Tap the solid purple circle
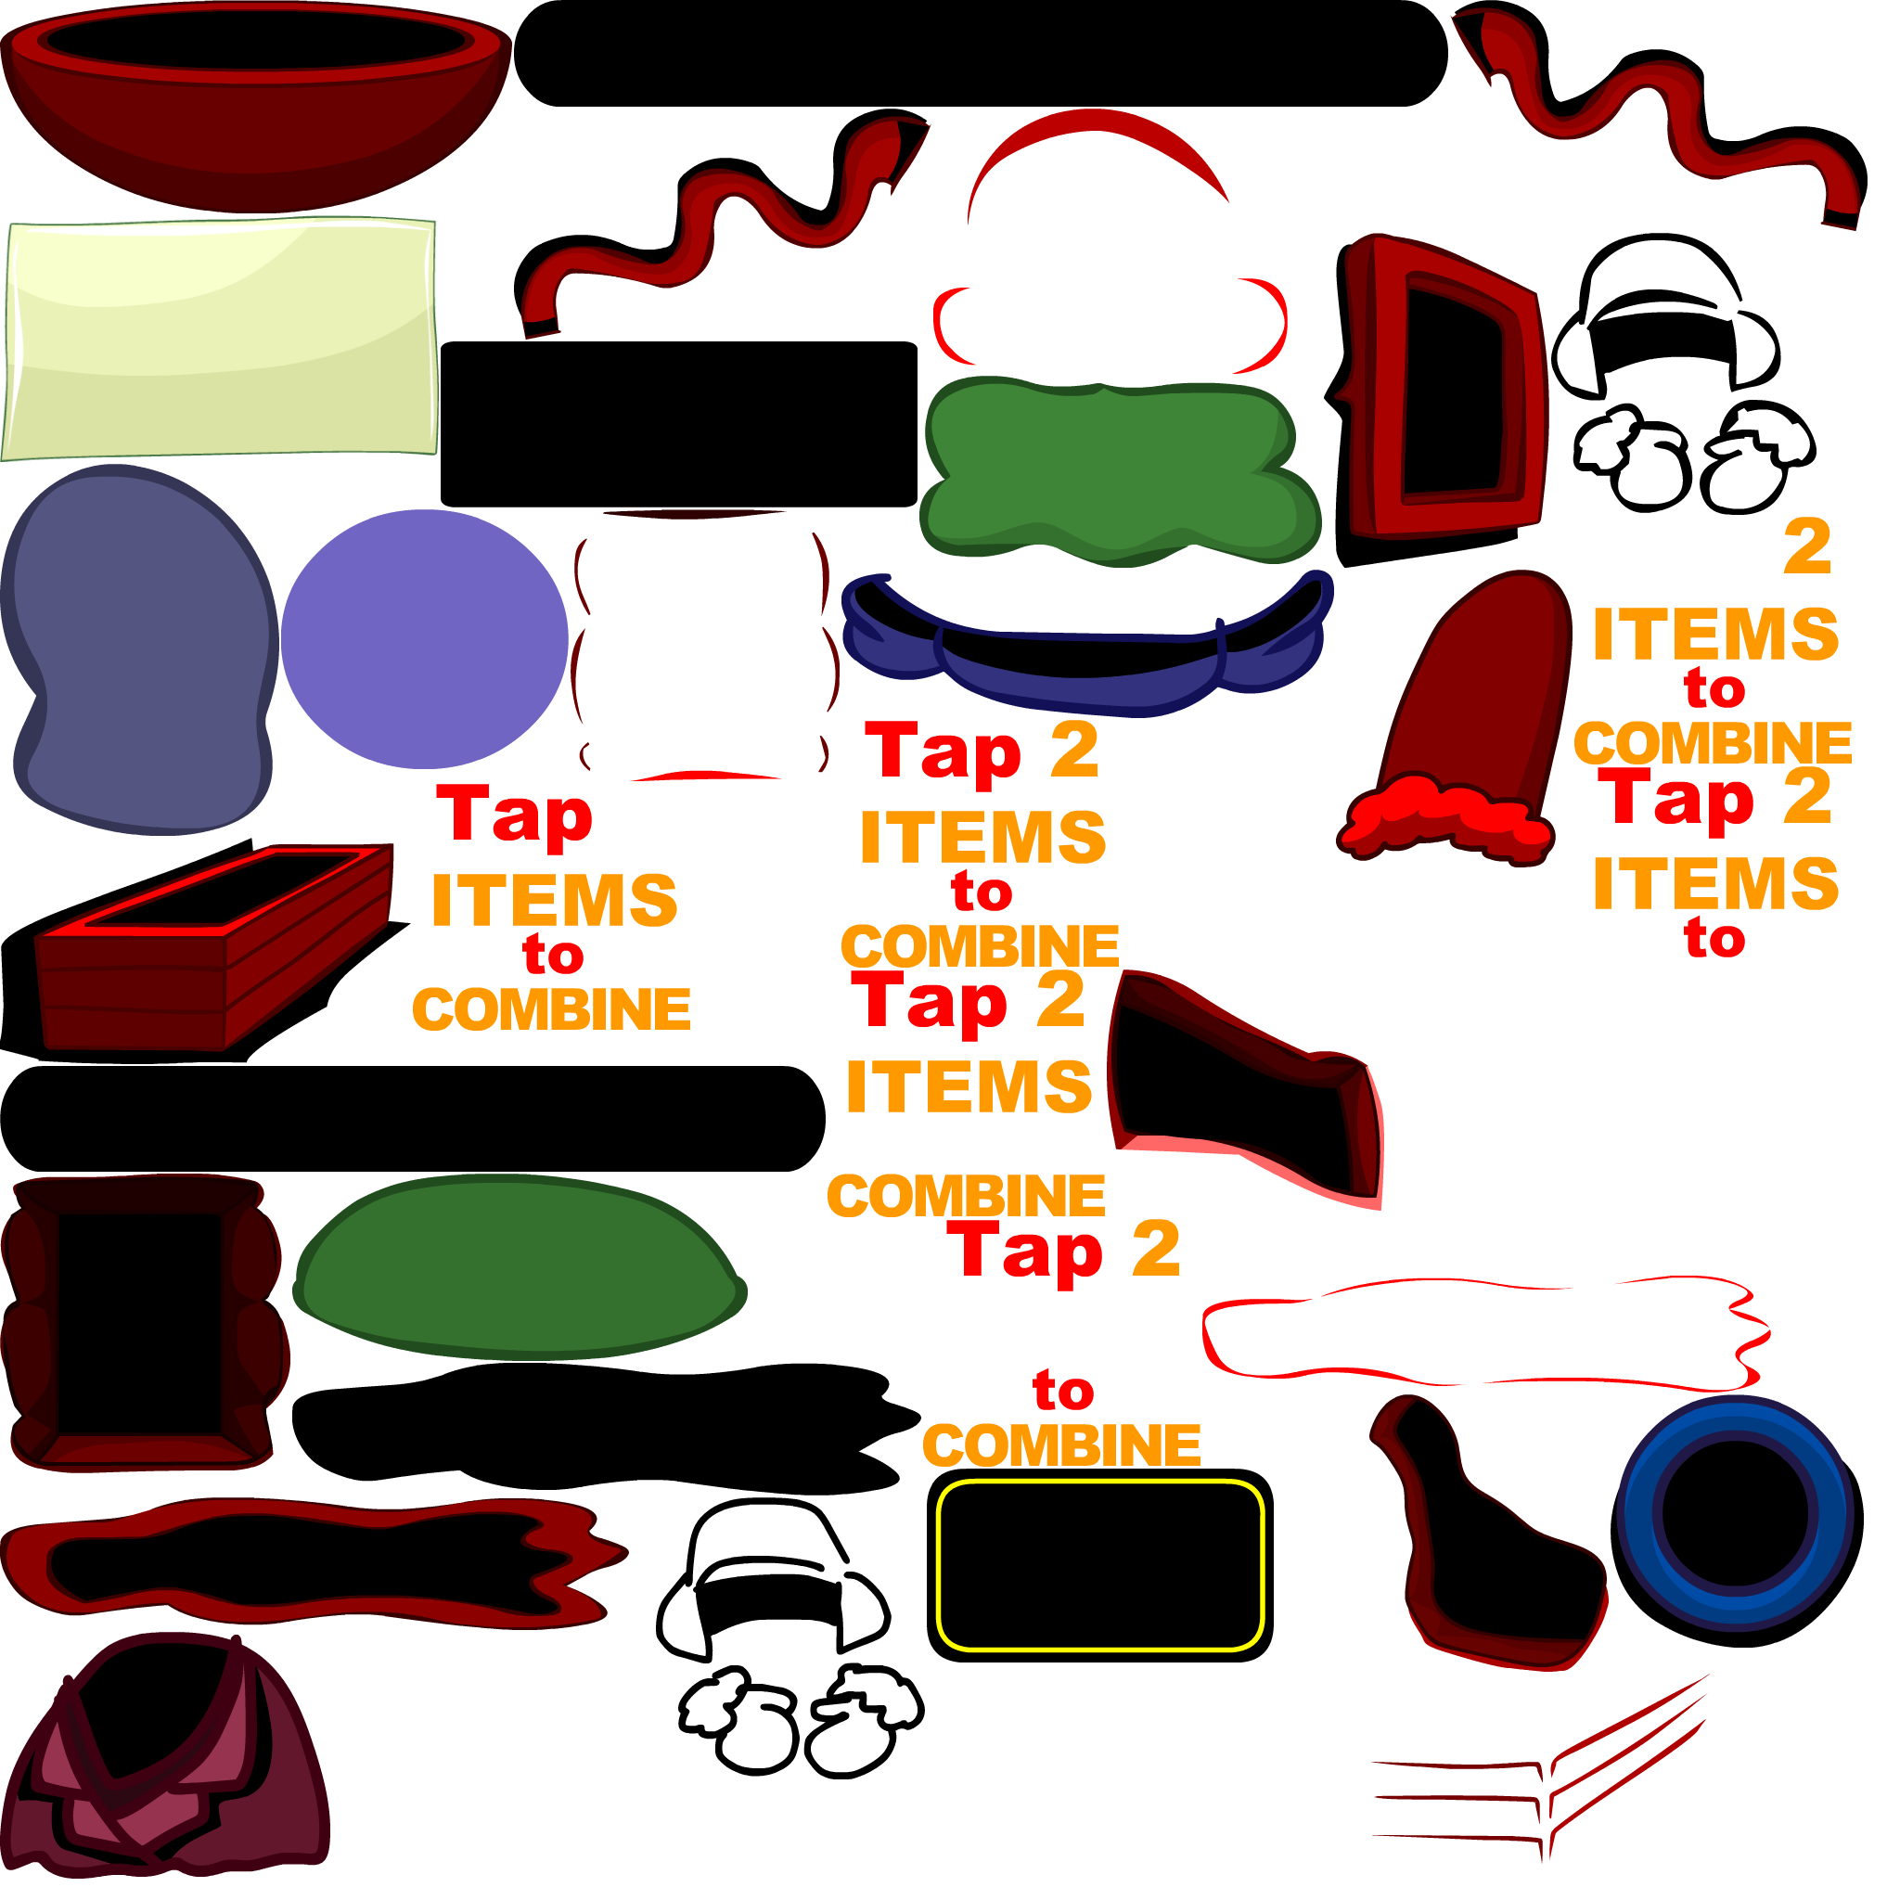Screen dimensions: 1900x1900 424,638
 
